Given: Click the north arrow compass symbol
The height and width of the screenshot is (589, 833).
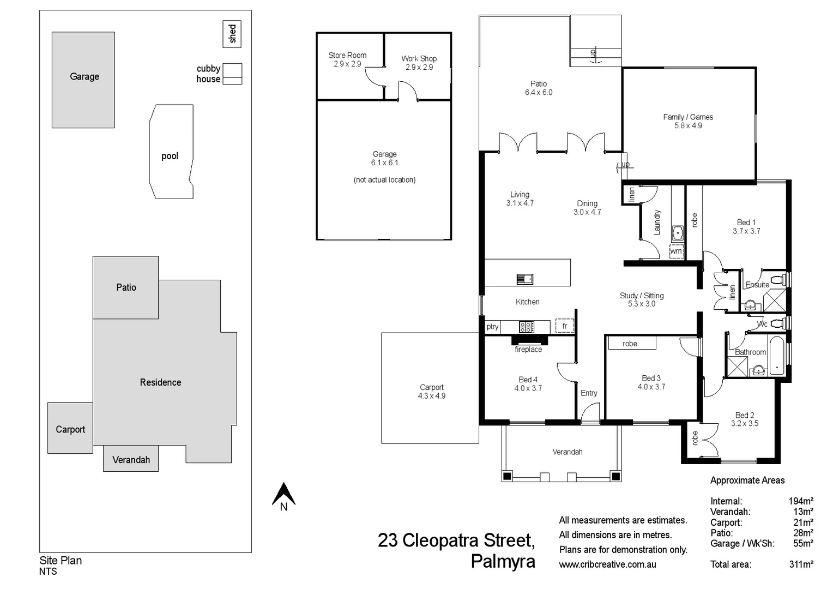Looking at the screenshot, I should pyautogui.click(x=283, y=495).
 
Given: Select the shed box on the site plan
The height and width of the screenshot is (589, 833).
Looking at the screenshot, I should pyautogui.click(x=232, y=34).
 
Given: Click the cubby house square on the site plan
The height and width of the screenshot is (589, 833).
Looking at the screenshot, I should pyautogui.click(x=233, y=74).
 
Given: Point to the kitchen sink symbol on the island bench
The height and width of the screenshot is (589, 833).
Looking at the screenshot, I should pyautogui.click(x=525, y=279).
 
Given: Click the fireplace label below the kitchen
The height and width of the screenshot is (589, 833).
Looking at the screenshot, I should pyautogui.click(x=528, y=349).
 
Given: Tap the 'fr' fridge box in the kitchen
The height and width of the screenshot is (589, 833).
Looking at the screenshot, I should pyautogui.click(x=565, y=326).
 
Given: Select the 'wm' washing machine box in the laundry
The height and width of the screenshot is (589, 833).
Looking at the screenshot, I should pyautogui.click(x=676, y=251).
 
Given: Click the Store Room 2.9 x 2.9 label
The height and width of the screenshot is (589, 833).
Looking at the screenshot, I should pyautogui.click(x=347, y=59).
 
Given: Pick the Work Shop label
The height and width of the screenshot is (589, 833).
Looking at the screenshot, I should pyautogui.click(x=419, y=58).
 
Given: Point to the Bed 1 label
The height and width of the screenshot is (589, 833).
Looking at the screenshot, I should pyautogui.click(x=746, y=223).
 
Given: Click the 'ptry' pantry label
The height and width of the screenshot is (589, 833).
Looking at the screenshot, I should pyautogui.click(x=492, y=327).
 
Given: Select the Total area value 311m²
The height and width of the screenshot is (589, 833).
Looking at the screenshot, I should pyautogui.click(x=801, y=564).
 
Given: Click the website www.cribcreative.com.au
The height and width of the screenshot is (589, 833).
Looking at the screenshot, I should pyautogui.click(x=607, y=564).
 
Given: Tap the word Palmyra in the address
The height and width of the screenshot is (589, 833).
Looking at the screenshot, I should pyautogui.click(x=503, y=561).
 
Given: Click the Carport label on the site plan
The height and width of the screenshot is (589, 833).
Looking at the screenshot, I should pyautogui.click(x=70, y=429).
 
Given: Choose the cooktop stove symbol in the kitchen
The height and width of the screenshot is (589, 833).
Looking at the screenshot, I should pyautogui.click(x=527, y=327).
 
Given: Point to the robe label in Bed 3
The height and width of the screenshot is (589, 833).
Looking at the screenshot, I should pyautogui.click(x=630, y=344).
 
